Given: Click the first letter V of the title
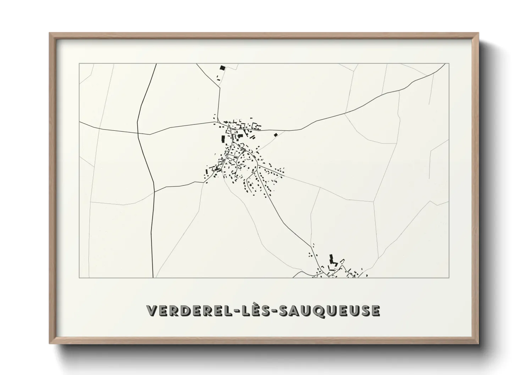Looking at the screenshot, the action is (x=151, y=310).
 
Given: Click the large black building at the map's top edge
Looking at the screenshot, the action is (x=222, y=68).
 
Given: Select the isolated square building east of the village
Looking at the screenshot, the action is (x=275, y=135).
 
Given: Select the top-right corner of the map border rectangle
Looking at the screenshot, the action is (x=449, y=63).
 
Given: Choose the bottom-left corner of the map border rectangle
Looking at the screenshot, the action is (x=79, y=278).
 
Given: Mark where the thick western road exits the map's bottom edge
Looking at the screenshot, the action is (x=153, y=277).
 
